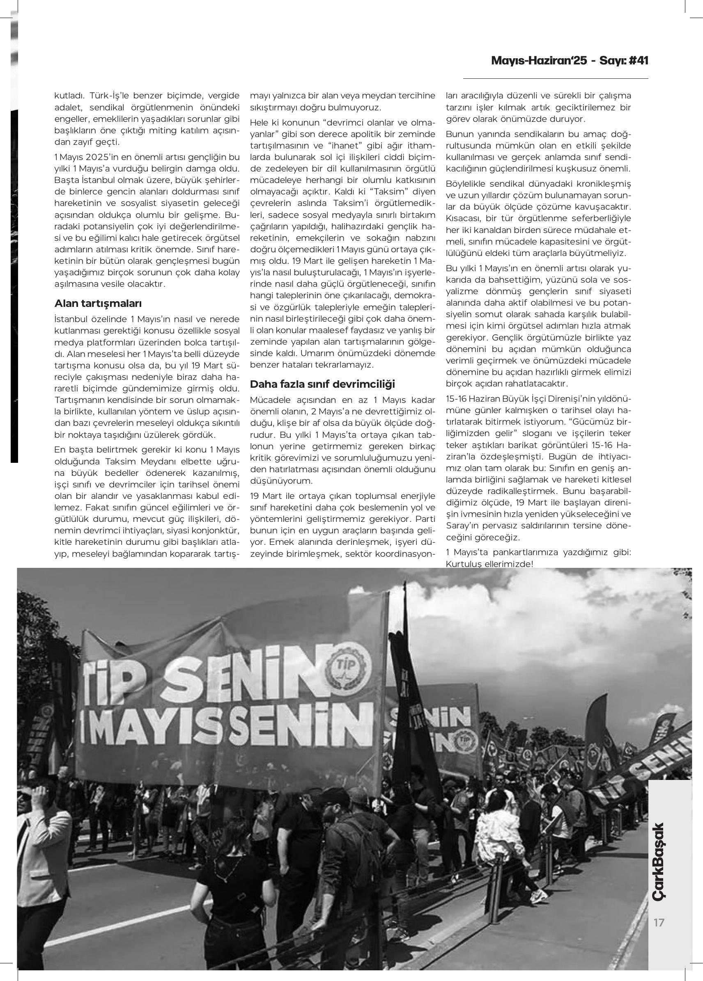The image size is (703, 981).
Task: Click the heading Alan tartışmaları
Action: [x=98, y=304]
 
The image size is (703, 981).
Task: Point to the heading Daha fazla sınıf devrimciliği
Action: [x=322, y=384]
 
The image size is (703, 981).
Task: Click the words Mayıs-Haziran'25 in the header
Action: [x=539, y=61]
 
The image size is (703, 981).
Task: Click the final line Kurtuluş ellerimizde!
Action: [x=489, y=564]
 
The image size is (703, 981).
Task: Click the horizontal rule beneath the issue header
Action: [x=556, y=79]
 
